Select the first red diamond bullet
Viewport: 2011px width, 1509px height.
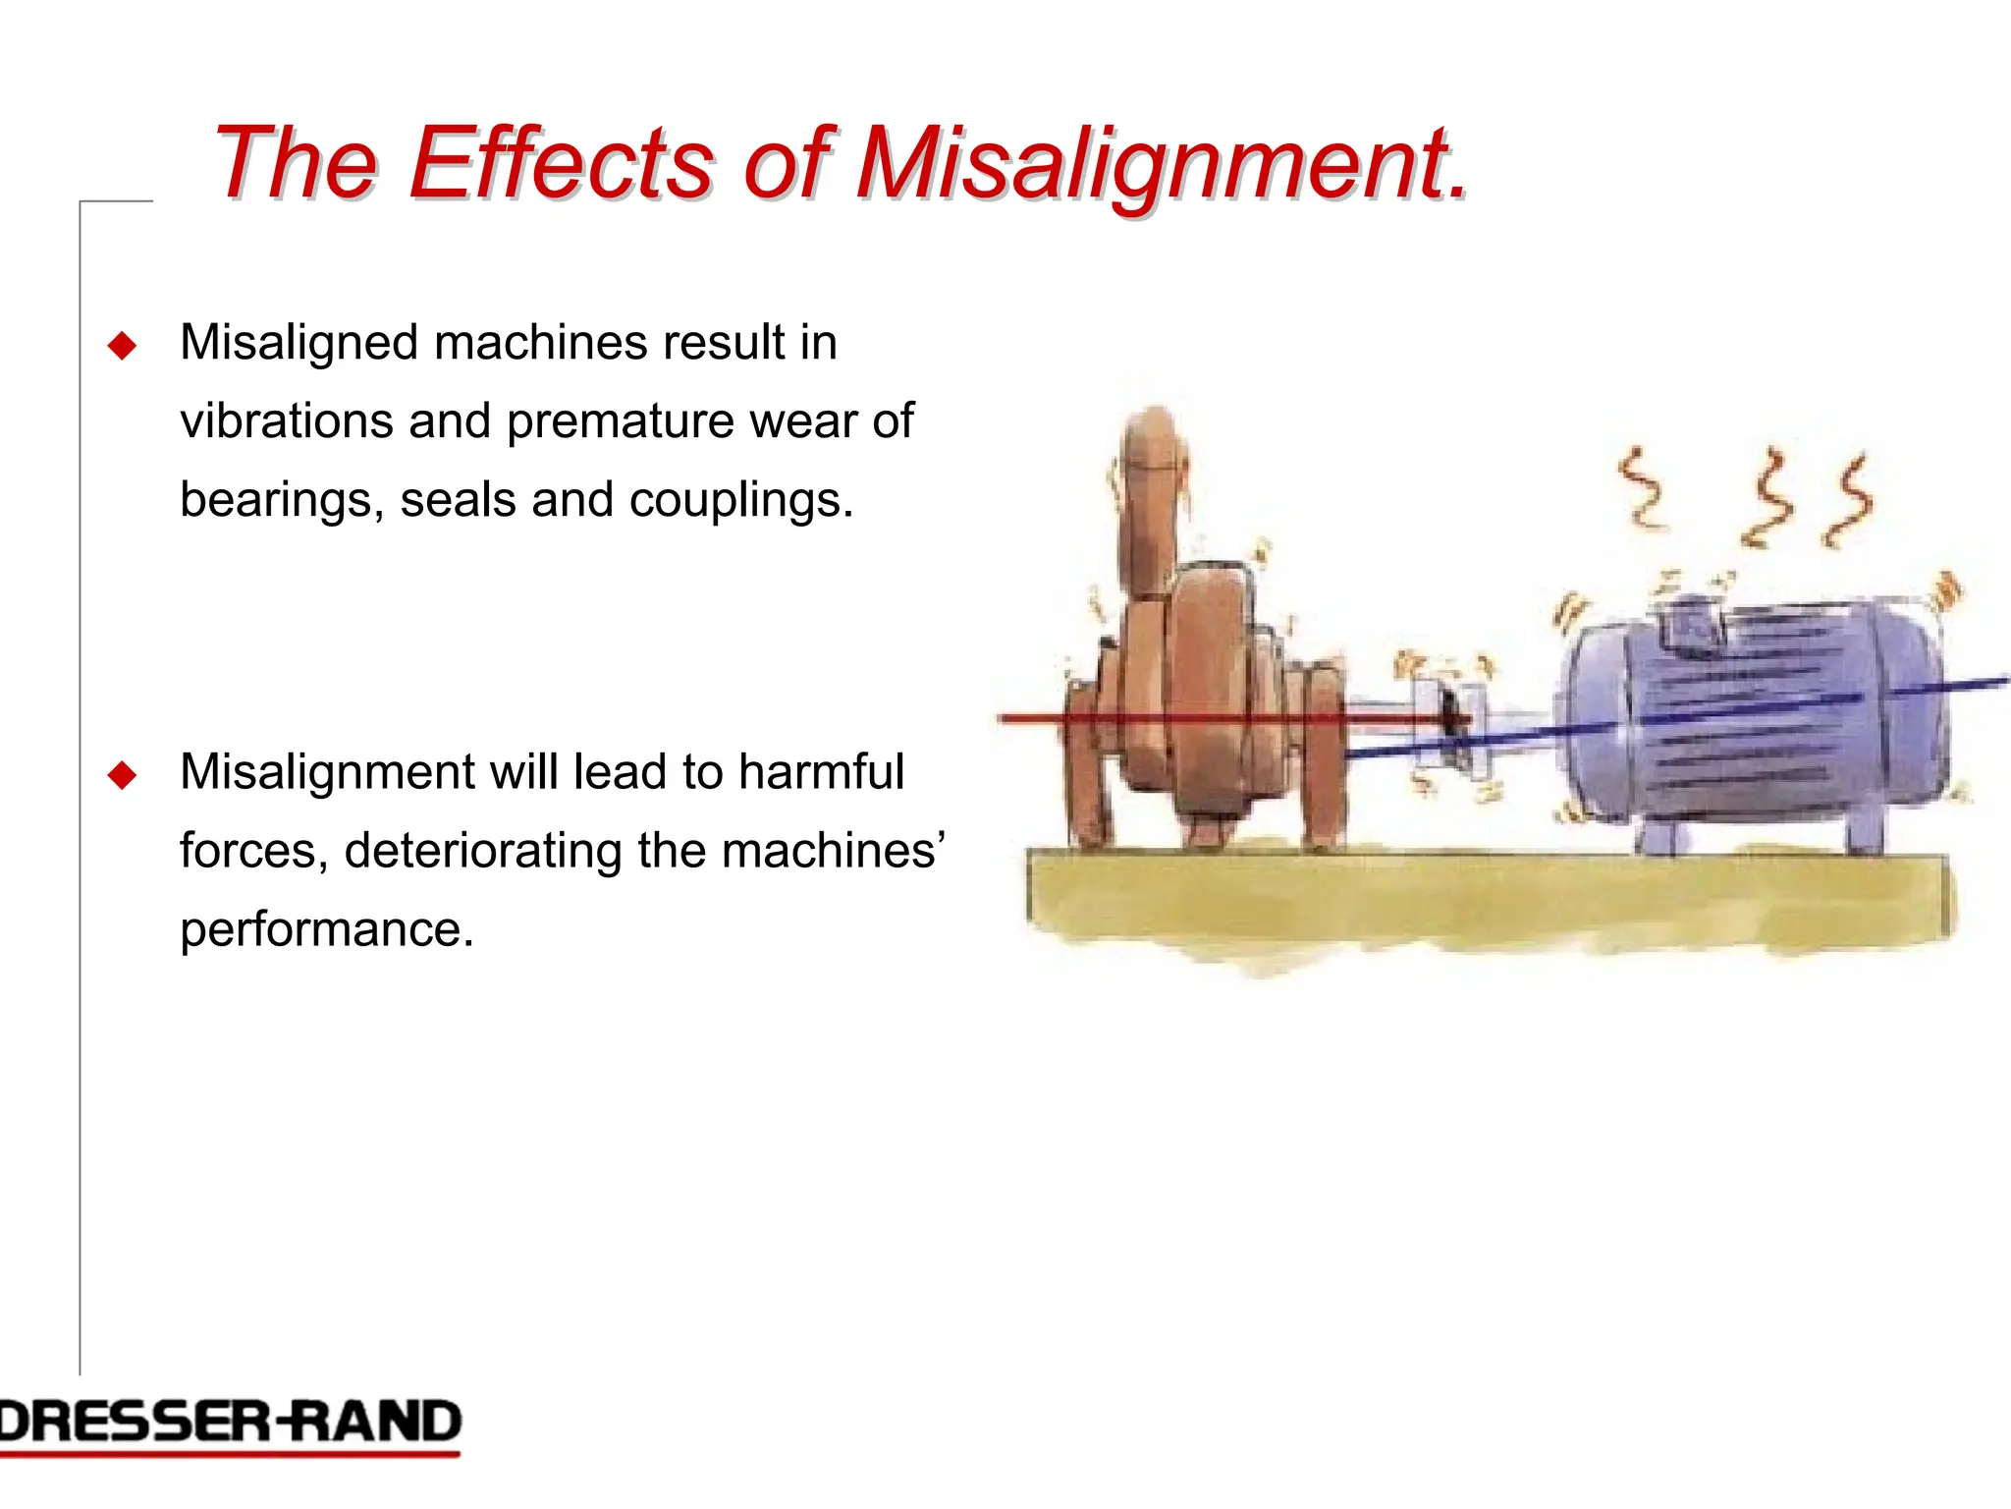point(122,346)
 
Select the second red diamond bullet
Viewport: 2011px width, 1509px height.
point(122,775)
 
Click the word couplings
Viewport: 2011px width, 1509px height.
point(740,501)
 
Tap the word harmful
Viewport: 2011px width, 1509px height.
point(821,771)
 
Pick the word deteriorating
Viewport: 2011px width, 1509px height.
point(482,851)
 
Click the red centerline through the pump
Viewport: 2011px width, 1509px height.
point(1041,718)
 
